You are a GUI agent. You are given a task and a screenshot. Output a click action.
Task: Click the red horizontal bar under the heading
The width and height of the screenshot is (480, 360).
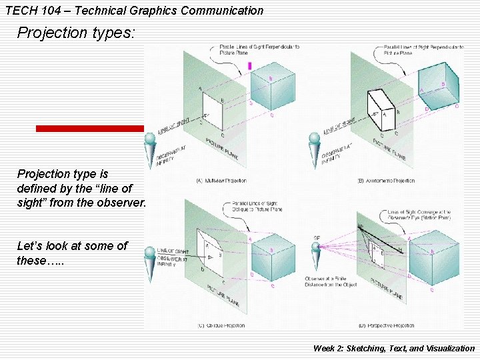89,129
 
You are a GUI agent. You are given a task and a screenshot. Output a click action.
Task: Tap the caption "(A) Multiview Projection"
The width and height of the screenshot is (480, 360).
221,181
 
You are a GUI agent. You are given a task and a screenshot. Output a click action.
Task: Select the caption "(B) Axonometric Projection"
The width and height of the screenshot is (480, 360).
386,181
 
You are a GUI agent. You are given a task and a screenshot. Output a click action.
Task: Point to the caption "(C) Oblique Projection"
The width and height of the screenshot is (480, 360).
221,325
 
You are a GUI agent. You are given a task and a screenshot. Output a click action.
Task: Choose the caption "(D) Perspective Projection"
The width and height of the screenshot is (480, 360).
386,325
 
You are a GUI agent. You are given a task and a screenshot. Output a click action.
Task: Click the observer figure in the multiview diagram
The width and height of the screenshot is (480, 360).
149,151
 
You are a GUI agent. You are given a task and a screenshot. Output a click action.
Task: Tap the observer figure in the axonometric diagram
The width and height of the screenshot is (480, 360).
315,151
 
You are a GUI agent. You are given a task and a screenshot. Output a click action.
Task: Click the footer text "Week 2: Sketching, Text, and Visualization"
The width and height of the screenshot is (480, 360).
393,348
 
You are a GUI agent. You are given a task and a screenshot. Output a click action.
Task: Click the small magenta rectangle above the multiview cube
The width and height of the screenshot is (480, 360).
250,66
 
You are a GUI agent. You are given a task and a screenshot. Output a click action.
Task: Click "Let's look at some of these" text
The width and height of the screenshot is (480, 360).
72,253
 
